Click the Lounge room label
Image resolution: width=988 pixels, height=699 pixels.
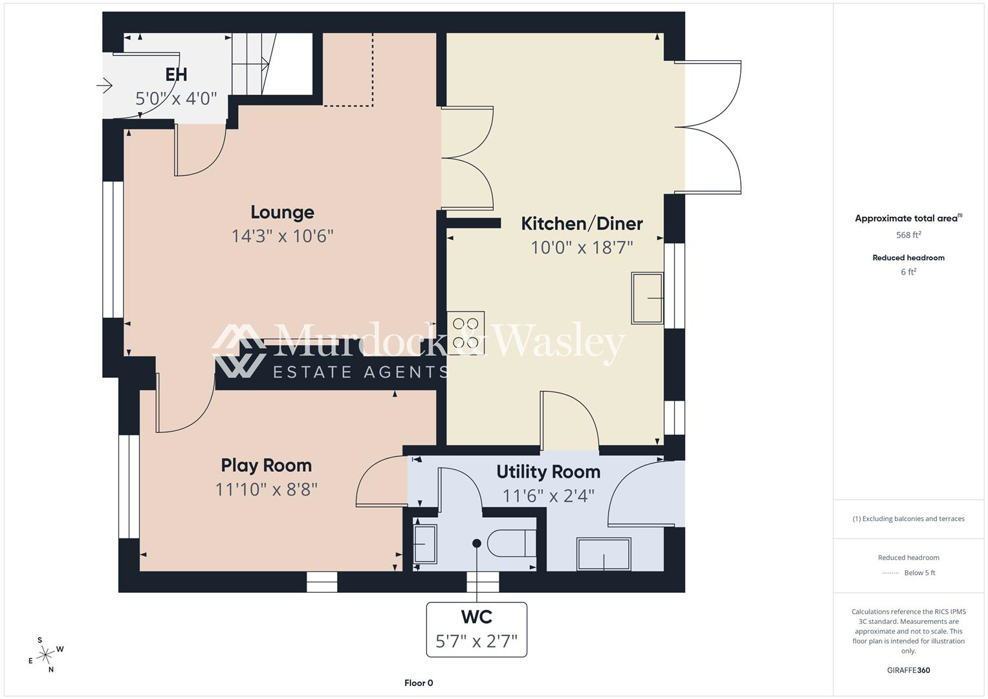tap(282, 212)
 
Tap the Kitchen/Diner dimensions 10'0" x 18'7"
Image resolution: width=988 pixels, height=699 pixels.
tap(582, 247)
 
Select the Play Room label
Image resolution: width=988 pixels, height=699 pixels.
tap(266, 465)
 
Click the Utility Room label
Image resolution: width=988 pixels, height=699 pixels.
tap(548, 472)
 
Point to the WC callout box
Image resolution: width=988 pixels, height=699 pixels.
tap(476, 629)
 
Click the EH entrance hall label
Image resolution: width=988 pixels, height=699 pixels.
tap(176, 74)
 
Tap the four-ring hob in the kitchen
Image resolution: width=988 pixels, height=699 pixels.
tap(466, 333)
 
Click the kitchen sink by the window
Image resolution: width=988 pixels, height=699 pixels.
tap(647, 298)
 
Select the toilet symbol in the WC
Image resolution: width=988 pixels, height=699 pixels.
tap(512, 544)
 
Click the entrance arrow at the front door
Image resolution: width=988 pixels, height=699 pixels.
tap(105, 85)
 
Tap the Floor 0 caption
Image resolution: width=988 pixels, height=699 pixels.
tap(419, 683)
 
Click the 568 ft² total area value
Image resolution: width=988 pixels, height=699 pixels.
tap(908, 235)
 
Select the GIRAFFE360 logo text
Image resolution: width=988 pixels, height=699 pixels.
tap(908, 670)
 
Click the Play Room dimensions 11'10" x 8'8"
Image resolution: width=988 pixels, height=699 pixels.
tap(266, 489)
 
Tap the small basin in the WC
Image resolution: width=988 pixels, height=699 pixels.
tap(424, 544)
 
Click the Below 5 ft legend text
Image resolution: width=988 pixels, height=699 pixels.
tap(919, 572)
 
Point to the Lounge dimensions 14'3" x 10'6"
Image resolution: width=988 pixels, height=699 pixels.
tap(282, 236)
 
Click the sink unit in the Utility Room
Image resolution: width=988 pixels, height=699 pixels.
tap(604, 554)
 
